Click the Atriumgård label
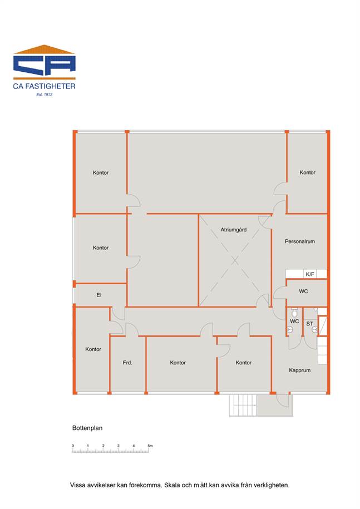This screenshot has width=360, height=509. coord(233,230)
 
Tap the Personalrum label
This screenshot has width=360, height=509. coord(299,241)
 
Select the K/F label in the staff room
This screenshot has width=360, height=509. coord(310,274)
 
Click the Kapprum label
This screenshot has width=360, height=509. coord(299,370)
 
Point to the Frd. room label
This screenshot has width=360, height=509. coord(127,363)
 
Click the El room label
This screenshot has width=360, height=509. coord(99,295)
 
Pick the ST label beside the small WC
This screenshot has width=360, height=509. coord(310,324)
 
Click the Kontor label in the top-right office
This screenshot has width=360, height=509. coord(307,172)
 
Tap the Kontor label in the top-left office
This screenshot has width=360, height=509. coord(101,172)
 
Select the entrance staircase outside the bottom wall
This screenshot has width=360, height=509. coord(243,406)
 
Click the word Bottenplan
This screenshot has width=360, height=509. coord(87,428)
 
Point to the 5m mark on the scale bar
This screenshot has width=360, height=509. coord(150,446)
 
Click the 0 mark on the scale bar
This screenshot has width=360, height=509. coord(73,446)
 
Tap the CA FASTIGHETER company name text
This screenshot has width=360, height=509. coord(44,86)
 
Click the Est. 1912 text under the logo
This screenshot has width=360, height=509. coord(44,95)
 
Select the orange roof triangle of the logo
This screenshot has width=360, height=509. coord(44,50)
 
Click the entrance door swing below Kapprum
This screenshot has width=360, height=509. coord(283,401)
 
